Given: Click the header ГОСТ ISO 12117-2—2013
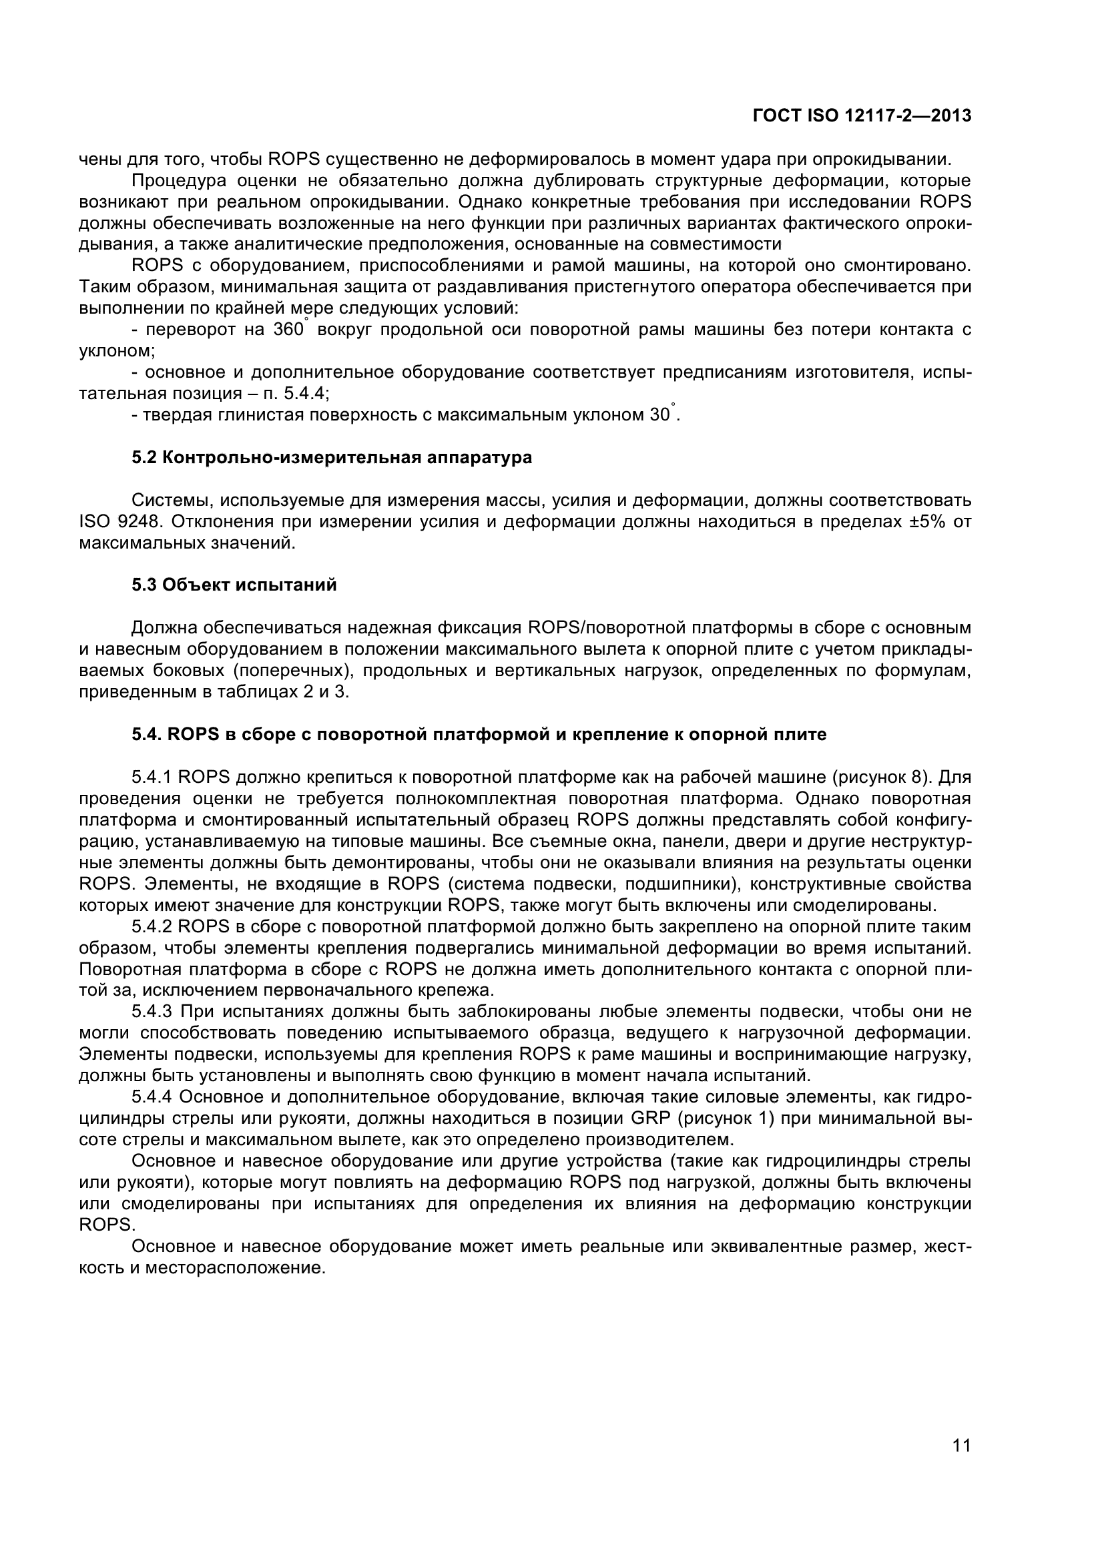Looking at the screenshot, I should tap(861, 116).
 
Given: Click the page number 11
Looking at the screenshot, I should tap(961, 1463).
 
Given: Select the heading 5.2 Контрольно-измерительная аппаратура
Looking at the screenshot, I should tap(331, 458).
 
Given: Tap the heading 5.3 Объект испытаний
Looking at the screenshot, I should tap(234, 585).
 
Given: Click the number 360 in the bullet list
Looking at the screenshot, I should tap(288, 330).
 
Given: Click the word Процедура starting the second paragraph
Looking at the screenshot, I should tap(178, 181).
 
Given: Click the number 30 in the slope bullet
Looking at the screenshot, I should tap(659, 414).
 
